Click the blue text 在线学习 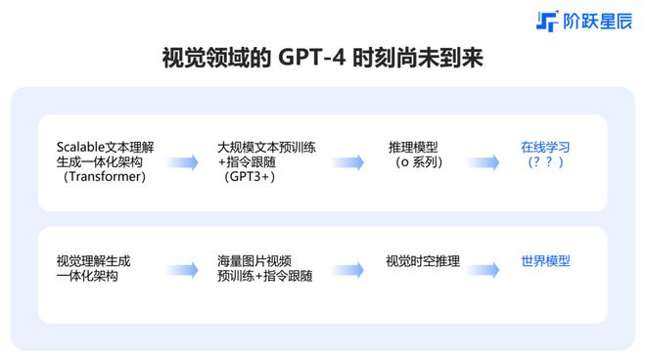pyautogui.click(x=545, y=147)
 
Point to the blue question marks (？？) pyautogui.click(x=545, y=162)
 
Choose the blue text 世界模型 pyautogui.click(x=545, y=261)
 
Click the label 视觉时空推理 pyautogui.click(x=423, y=261)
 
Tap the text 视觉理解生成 pyautogui.click(x=94, y=261)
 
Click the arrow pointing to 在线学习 pyautogui.click(x=486, y=162)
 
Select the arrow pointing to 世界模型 pyautogui.click(x=486, y=268)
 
